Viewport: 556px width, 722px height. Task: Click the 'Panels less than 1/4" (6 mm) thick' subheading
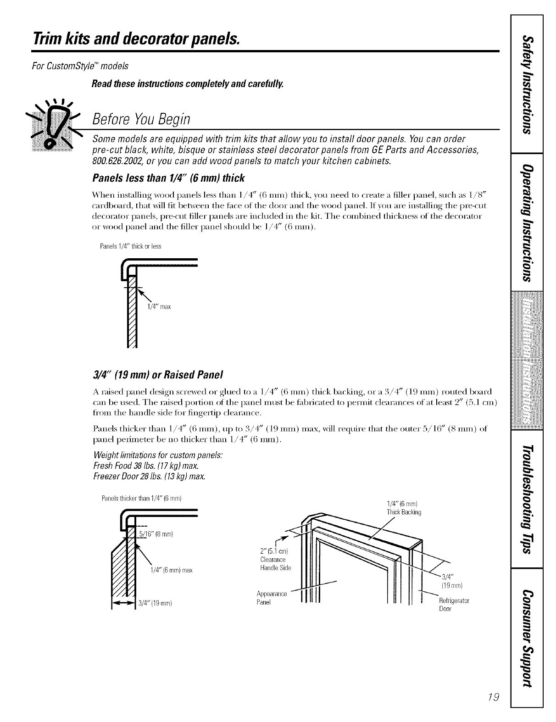click(x=168, y=178)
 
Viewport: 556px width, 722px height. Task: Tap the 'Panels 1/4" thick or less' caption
click(x=130, y=246)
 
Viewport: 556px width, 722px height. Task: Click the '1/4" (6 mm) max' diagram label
click(x=171, y=571)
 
